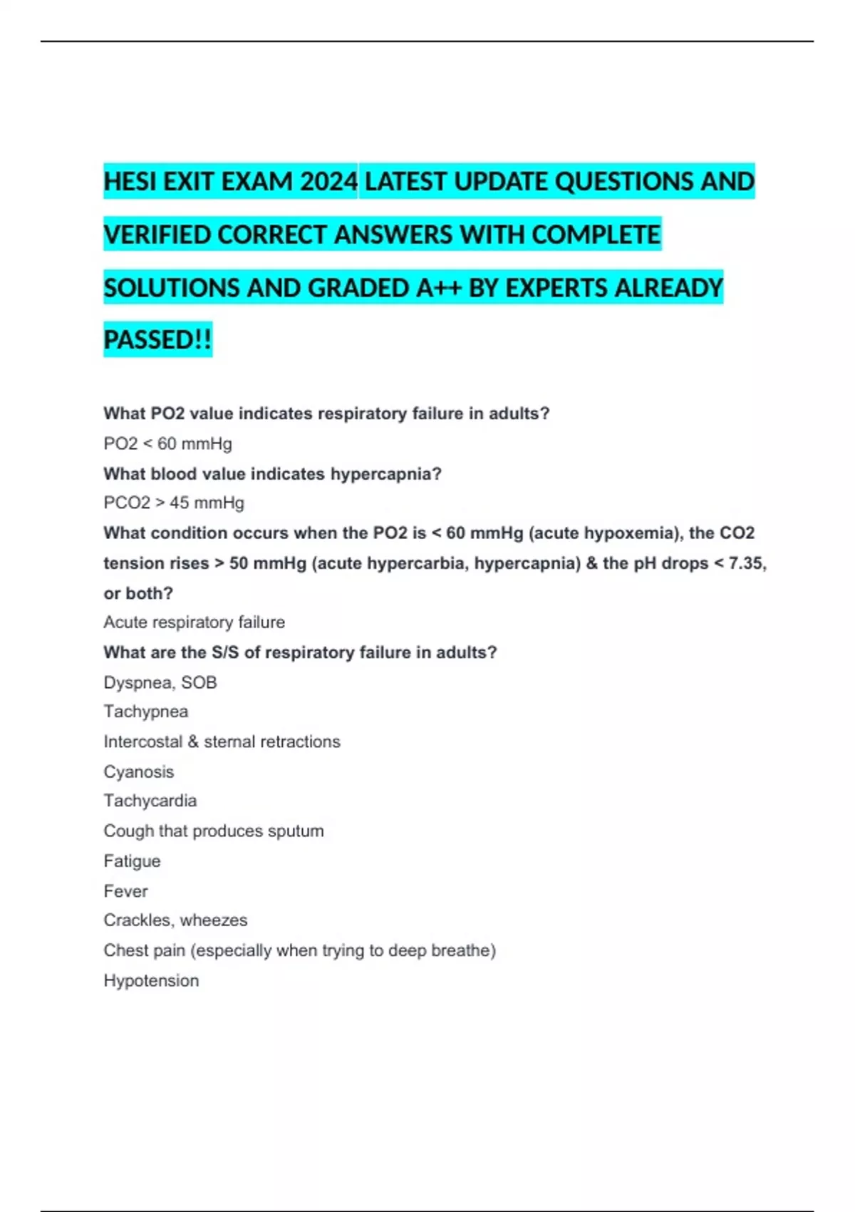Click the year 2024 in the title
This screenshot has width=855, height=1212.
click(328, 182)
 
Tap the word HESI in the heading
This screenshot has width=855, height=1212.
click(130, 182)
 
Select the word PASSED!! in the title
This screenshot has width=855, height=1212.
click(157, 339)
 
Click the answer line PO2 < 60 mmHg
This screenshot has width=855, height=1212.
click(167, 443)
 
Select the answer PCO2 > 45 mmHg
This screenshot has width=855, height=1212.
click(174, 503)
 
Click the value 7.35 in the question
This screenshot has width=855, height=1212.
click(746, 563)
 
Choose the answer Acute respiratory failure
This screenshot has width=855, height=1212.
click(194, 622)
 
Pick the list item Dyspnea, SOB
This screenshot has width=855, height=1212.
click(160, 682)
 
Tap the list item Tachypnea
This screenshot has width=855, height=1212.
click(146, 712)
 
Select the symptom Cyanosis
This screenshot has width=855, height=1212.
click(139, 771)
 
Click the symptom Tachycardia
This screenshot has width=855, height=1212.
click(150, 801)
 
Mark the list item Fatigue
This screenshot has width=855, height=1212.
click(133, 861)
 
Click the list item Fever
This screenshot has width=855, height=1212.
click(126, 890)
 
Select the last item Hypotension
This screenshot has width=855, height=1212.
click(151, 980)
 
